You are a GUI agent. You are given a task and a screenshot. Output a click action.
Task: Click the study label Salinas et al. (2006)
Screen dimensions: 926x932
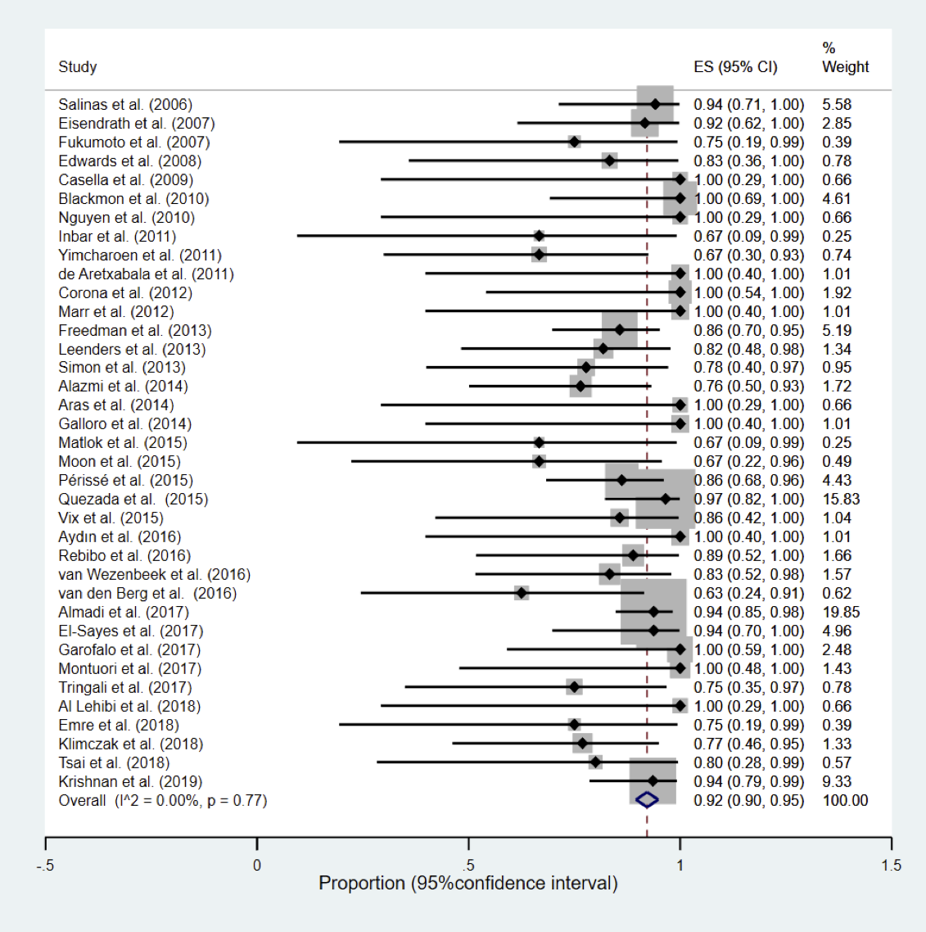click(125, 105)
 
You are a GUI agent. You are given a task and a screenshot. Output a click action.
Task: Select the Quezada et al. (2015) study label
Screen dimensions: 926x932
click(133, 500)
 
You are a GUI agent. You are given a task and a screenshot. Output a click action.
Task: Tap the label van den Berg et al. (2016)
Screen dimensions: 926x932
click(147, 593)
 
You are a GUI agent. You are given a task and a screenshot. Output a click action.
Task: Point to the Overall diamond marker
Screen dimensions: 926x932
click(647, 800)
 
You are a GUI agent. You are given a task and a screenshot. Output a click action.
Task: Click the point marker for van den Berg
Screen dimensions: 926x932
click(522, 593)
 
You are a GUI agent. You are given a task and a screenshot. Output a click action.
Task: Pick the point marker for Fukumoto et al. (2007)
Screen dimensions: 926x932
click(574, 142)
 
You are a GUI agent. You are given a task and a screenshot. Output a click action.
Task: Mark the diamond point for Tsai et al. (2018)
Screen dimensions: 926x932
click(595, 762)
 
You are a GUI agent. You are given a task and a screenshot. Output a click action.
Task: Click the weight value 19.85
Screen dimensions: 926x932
click(841, 613)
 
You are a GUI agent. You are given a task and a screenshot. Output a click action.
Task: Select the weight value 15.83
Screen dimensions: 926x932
click(841, 500)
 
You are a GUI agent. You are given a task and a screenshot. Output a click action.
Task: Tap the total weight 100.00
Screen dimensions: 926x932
click(845, 801)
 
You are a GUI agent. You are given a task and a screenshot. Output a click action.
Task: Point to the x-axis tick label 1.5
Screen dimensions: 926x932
click(892, 866)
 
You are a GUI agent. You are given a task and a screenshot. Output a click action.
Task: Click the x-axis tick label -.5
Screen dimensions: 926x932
click(45, 866)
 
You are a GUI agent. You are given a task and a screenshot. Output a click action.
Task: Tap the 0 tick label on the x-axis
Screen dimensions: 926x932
click(257, 866)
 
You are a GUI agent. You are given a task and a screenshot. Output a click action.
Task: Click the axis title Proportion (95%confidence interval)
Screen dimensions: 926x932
click(468, 883)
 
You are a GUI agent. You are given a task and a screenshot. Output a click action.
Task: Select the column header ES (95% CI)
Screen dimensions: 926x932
click(735, 66)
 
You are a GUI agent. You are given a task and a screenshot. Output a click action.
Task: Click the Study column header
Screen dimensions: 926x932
click(77, 66)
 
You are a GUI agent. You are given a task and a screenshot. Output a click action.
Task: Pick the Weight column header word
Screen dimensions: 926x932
click(845, 66)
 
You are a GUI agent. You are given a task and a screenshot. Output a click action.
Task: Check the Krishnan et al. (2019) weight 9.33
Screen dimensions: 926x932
click(837, 781)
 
